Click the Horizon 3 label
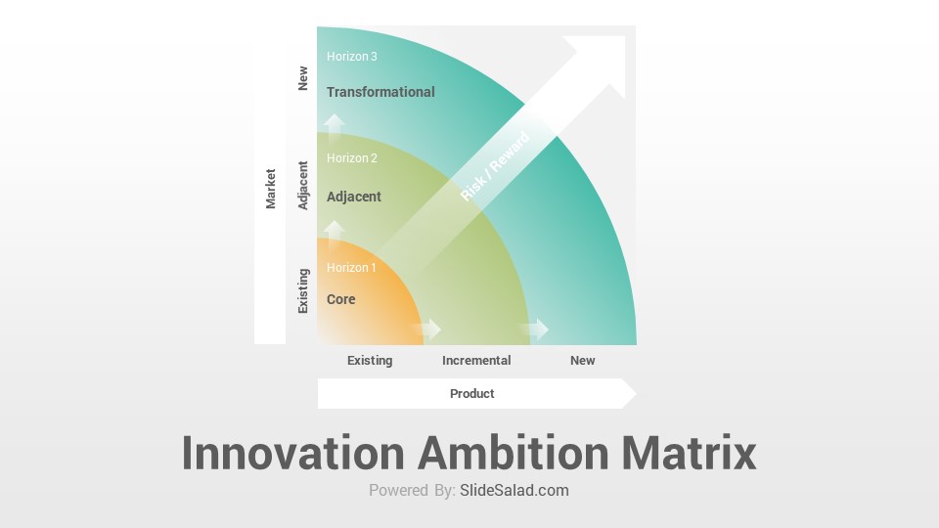(x=351, y=57)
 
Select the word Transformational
(x=380, y=92)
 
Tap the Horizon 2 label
(x=351, y=158)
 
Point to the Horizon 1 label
(x=351, y=268)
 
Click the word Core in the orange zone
(x=340, y=299)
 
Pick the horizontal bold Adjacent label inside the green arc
(x=353, y=197)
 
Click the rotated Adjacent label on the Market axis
(x=303, y=185)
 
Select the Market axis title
(x=271, y=189)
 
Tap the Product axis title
(x=471, y=393)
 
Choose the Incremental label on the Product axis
(x=476, y=361)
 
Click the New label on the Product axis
(x=582, y=361)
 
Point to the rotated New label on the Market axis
(x=303, y=78)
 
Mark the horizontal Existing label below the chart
(x=370, y=361)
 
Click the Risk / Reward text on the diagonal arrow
(x=495, y=166)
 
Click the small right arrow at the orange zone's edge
(x=426, y=329)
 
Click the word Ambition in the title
(x=514, y=453)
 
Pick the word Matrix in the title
(x=689, y=453)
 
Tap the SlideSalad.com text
(x=514, y=490)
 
